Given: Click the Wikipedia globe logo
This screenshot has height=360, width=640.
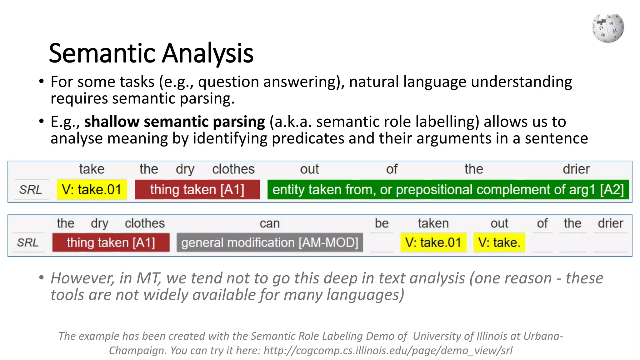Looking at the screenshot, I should click(608, 28).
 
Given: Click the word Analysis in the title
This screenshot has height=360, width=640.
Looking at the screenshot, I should click(207, 53).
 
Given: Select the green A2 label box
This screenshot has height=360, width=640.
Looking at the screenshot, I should click(448, 190).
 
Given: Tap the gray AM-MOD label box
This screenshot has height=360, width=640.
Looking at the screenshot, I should click(270, 242).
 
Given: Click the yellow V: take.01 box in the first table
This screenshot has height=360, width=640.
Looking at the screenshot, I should click(92, 190).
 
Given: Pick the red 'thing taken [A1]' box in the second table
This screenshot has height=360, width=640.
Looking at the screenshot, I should click(111, 242).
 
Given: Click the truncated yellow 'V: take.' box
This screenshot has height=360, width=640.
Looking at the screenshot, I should click(499, 242).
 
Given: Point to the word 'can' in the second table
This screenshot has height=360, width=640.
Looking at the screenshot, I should click(270, 223).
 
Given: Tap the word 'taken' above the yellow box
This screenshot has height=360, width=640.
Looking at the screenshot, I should click(433, 223).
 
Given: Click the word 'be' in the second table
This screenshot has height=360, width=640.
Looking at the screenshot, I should click(382, 223).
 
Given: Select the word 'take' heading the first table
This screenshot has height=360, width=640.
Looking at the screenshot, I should click(92, 169).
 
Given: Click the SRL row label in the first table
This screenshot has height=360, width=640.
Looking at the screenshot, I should click(31, 190).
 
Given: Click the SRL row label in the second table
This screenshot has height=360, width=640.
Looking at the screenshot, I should click(28, 242).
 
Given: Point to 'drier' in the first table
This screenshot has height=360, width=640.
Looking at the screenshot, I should click(576, 169).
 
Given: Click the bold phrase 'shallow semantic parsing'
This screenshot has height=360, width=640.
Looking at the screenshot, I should click(174, 122).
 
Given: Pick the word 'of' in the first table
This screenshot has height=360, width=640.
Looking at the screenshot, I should click(392, 169).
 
